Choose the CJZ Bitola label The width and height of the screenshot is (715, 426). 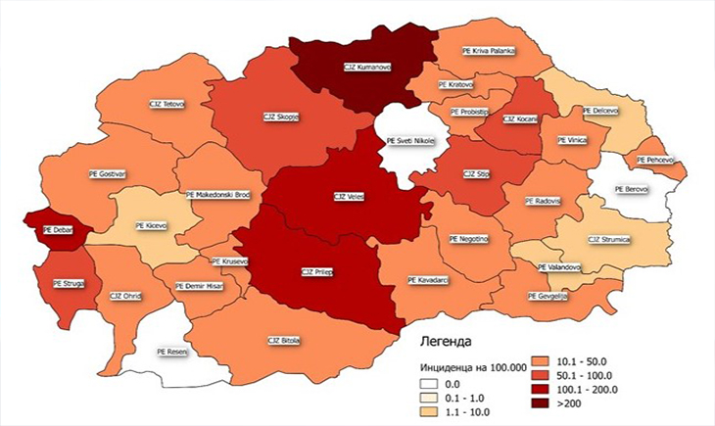(x=284, y=341)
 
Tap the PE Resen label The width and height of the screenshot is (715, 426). (x=171, y=350)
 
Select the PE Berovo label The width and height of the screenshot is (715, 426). (x=631, y=188)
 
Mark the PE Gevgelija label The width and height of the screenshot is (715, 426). (x=548, y=296)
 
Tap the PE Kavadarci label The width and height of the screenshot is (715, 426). (x=429, y=280)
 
